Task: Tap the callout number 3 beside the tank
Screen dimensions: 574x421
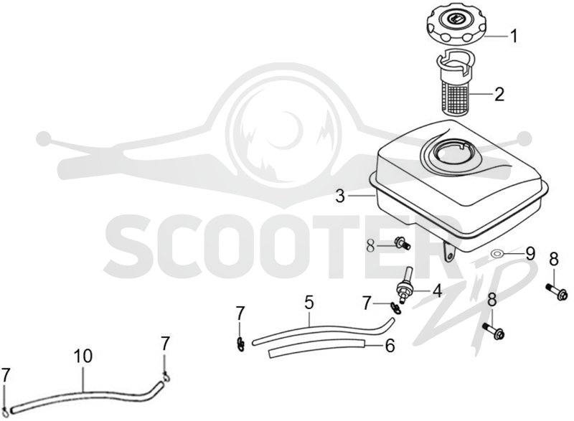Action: point(340,197)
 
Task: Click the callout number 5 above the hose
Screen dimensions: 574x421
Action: point(309,303)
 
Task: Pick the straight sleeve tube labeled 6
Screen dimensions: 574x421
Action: point(317,349)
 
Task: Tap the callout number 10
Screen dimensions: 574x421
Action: point(83,356)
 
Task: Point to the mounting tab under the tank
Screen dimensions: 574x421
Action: point(449,250)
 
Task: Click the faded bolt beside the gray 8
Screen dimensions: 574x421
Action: point(402,244)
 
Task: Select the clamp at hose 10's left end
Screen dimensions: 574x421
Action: point(6,411)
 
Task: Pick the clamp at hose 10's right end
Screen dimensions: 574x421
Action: point(166,376)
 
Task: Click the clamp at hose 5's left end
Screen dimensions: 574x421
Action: point(240,344)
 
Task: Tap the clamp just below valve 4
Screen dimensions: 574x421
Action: point(396,307)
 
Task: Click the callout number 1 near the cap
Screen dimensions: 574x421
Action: point(514,36)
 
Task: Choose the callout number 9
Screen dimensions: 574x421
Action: point(530,253)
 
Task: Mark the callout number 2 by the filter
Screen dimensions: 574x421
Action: point(499,94)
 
